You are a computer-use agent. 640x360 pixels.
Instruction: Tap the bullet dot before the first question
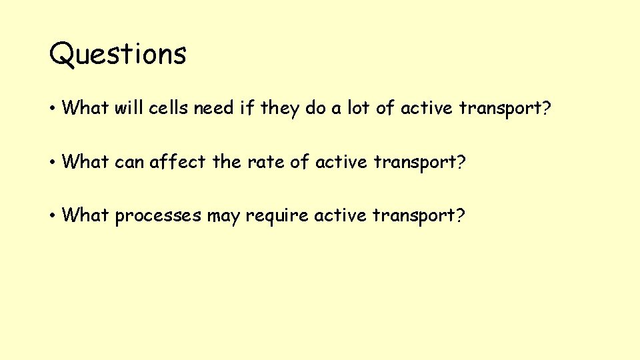point(53,108)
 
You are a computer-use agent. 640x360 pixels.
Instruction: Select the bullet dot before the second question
point(53,162)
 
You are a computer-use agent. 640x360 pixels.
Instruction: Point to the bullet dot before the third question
point(53,216)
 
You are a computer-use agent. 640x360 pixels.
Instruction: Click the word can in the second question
point(131,161)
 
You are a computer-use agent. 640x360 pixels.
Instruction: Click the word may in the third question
point(222,216)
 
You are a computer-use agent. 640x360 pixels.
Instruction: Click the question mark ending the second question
point(458,161)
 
